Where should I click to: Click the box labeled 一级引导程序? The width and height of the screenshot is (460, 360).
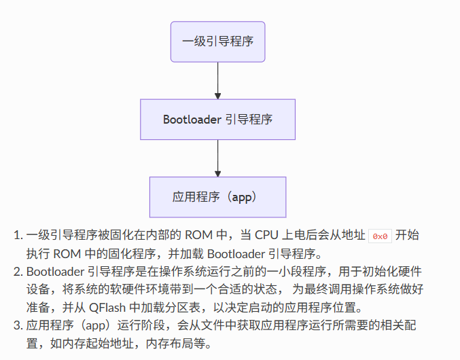click(x=217, y=42)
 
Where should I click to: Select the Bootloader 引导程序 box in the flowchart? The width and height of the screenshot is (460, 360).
click(x=217, y=120)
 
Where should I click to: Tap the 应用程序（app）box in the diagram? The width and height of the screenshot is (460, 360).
click(x=217, y=197)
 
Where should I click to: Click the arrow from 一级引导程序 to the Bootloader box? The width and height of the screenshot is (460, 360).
click(x=217, y=81)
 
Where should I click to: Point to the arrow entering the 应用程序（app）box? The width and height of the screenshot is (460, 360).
click(x=217, y=158)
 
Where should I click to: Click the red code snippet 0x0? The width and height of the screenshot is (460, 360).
click(x=380, y=236)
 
